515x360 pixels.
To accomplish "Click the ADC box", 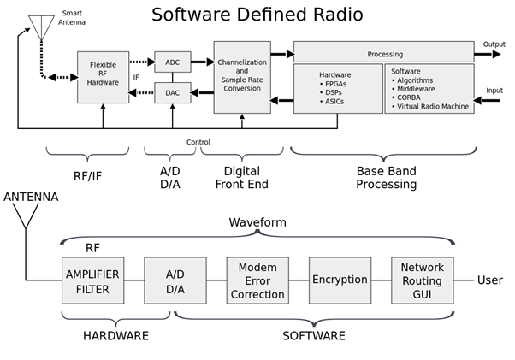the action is [x=173, y=62].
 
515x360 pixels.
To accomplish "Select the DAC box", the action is [x=173, y=92].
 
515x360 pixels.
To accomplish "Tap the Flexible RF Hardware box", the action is [x=103, y=77].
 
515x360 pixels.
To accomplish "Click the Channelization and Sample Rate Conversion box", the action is [x=242, y=77].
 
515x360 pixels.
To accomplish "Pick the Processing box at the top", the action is [x=383, y=51].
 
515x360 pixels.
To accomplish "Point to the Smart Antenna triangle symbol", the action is [x=41, y=27].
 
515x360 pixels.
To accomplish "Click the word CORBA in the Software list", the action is [x=409, y=97].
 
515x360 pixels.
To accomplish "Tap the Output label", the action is [x=494, y=44].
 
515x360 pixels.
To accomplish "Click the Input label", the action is [x=494, y=91].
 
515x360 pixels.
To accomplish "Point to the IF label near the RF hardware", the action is [x=136, y=77].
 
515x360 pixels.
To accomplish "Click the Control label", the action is [x=198, y=142].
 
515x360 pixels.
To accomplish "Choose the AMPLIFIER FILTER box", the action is [x=93, y=280].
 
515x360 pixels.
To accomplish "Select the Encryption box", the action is [x=340, y=280].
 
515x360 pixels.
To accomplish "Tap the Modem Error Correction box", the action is [x=257, y=280].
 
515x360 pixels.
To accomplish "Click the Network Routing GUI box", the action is [x=423, y=280].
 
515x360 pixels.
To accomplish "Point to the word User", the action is [x=490, y=280].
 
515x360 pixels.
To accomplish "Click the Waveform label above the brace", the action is [x=257, y=222].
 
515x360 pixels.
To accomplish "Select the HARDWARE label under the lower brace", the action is [x=115, y=336].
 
